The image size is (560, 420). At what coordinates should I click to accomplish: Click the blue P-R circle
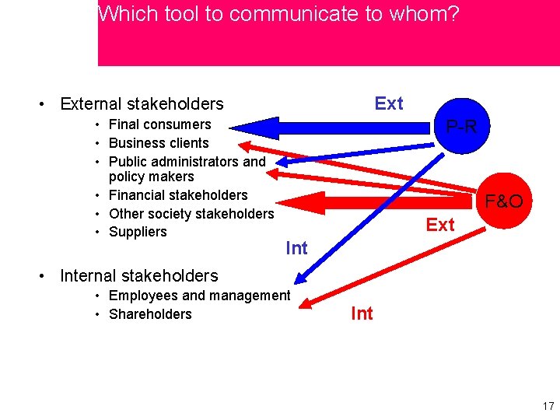[x=462, y=125]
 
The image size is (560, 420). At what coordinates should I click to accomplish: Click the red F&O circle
[x=503, y=201]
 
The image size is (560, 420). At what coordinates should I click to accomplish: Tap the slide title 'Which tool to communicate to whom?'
[x=278, y=14]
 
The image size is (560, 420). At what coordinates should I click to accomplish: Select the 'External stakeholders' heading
[x=142, y=103]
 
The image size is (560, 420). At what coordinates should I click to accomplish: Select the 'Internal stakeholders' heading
[x=138, y=275]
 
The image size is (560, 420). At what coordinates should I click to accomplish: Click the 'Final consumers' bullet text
[x=159, y=124]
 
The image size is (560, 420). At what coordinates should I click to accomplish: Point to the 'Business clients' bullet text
[x=159, y=143]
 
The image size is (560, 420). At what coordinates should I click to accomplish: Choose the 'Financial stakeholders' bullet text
[x=178, y=195]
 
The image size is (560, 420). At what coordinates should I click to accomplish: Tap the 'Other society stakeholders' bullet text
[x=191, y=213]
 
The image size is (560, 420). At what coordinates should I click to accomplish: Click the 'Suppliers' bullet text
[x=138, y=232]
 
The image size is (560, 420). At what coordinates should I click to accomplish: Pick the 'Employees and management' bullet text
[x=199, y=296]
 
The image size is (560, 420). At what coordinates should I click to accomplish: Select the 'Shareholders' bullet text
[x=150, y=314]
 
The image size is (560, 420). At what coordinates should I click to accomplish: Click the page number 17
[x=548, y=406]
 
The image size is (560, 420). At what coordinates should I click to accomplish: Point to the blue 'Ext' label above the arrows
[x=389, y=103]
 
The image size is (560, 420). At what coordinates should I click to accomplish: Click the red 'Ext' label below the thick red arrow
[x=440, y=225]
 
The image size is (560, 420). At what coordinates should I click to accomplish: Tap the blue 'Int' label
[x=296, y=248]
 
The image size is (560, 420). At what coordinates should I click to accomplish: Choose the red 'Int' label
[x=362, y=313]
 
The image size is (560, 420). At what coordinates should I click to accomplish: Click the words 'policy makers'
[x=152, y=177]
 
